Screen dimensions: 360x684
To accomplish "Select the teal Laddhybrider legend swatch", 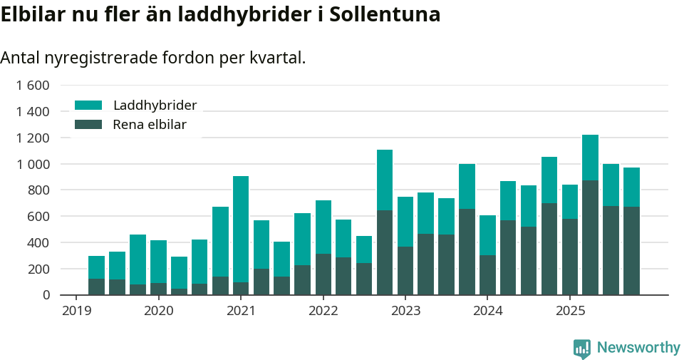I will click(x=88, y=106).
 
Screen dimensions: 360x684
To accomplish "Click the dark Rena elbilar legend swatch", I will click(x=88, y=125).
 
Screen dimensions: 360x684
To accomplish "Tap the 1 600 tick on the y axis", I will click(x=32, y=86).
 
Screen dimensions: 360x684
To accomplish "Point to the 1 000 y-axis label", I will click(x=32, y=164).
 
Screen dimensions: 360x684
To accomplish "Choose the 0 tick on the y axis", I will click(x=46, y=294).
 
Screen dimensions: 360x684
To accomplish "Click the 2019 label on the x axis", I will click(x=76, y=311).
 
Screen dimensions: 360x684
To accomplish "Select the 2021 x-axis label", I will click(x=241, y=311).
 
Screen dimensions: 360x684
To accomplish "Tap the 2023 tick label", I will click(x=405, y=311).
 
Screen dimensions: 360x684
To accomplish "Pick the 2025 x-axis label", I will click(x=570, y=311).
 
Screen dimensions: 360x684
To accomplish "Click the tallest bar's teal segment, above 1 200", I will click(x=590, y=158).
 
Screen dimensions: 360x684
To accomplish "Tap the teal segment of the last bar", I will click(x=631, y=187).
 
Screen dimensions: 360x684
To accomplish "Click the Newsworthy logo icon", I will click(x=582, y=348).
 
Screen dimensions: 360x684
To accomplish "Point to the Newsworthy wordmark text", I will click(x=638, y=348).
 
